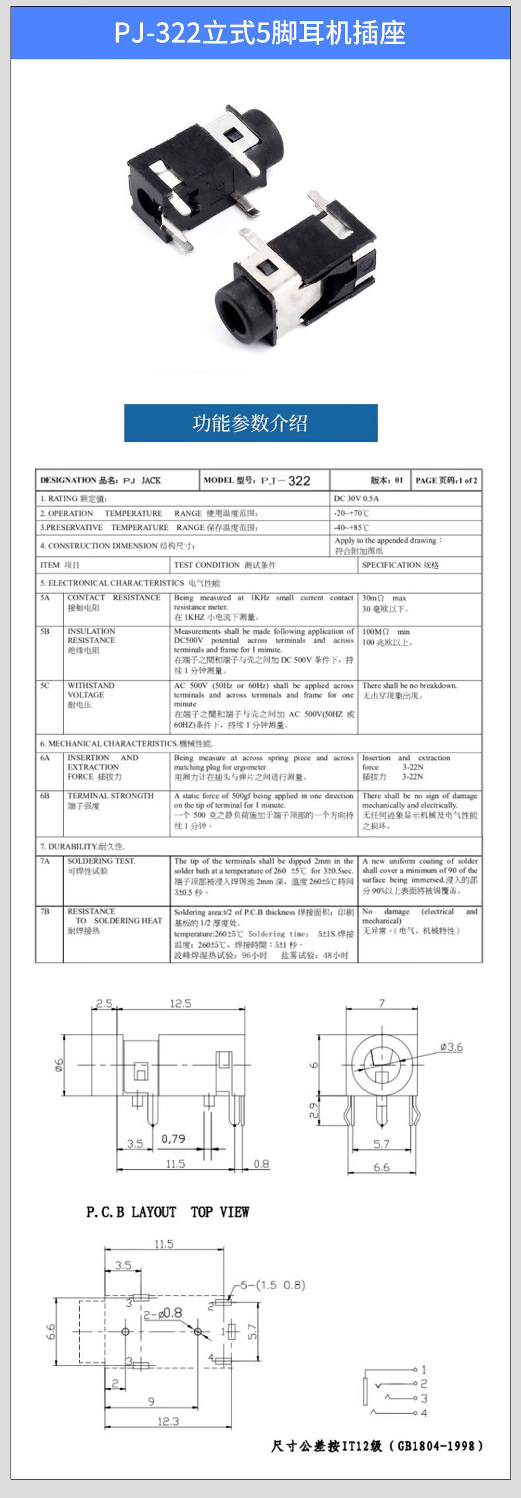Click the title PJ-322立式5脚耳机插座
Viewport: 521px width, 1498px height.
click(x=260, y=33)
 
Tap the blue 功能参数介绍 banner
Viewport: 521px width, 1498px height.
click(x=251, y=423)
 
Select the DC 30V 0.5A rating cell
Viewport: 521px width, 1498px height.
click(x=357, y=498)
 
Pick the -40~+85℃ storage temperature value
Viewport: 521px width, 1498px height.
click(x=352, y=527)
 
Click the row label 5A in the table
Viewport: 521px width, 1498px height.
click(x=45, y=598)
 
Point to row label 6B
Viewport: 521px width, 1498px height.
click(x=45, y=795)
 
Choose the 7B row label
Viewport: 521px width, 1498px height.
click(x=45, y=911)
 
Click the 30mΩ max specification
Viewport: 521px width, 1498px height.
click(x=384, y=598)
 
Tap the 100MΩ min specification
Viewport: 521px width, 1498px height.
click(x=386, y=631)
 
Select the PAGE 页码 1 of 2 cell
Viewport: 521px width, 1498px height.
click(x=446, y=480)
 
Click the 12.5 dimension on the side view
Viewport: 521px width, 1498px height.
click(x=180, y=1003)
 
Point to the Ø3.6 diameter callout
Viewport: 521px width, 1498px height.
click(x=452, y=1047)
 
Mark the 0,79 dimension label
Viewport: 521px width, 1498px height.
click(x=173, y=1138)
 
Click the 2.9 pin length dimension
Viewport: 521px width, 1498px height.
click(x=315, y=1110)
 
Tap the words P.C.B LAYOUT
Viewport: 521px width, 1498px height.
click(x=131, y=1212)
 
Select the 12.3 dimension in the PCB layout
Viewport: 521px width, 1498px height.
click(x=168, y=1421)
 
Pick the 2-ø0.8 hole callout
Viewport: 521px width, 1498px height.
click(x=163, y=1313)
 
